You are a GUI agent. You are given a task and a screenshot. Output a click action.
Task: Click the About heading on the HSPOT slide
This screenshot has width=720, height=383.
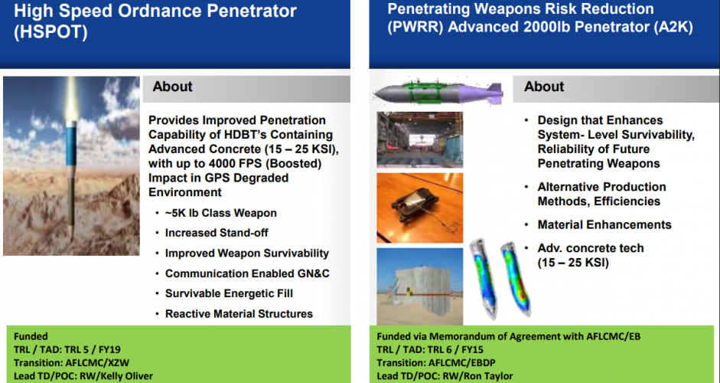coord(172,87)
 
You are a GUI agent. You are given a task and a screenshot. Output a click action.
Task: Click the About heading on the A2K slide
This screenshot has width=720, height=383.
coord(544,87)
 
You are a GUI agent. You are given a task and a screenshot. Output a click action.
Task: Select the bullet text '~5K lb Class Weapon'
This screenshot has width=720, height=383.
coord(220,213)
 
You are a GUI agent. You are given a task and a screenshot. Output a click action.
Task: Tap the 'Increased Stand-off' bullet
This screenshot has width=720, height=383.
coord(217,233)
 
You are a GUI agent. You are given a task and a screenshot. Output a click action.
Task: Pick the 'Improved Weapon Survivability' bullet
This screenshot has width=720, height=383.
coord(246,253)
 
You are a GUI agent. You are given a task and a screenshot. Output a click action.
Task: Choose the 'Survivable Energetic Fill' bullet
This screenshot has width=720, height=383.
coord(229,293)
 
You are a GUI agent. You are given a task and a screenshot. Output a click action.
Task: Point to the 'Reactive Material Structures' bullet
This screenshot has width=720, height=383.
coord(239,313)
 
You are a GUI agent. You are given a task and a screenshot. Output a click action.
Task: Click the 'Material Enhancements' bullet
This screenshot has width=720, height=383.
coord(604,224)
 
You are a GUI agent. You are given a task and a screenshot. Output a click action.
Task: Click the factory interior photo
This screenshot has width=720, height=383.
coord(419,139)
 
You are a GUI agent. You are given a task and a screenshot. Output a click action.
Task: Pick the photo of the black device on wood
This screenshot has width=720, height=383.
coord(419,206)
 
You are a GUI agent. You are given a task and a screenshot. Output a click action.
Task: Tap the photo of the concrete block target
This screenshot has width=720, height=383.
coord(419,283)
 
